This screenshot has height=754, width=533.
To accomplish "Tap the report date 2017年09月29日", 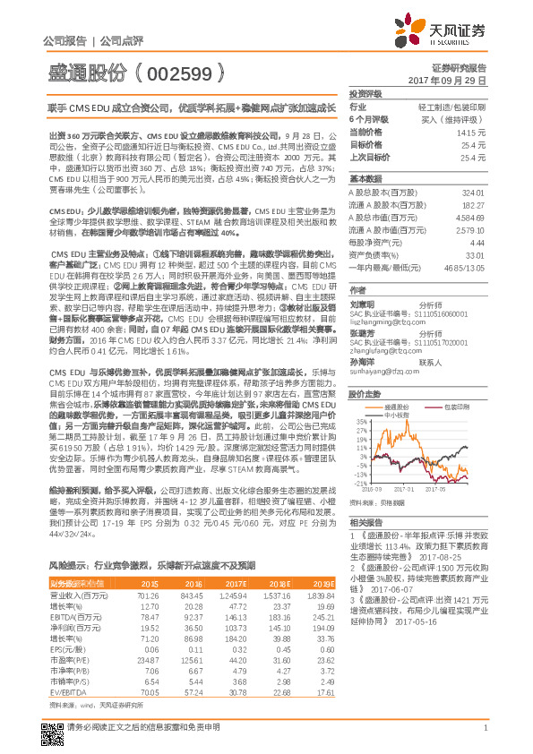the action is [453, 80].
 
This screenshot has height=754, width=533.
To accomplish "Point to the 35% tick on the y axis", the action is [360, 420].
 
